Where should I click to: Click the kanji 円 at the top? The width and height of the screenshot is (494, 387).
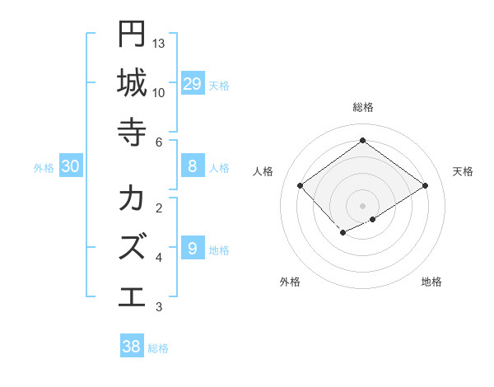132,35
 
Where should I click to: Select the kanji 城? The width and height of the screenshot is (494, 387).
132,83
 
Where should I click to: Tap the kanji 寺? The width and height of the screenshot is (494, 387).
132,132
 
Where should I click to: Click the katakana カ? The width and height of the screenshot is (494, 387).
132,198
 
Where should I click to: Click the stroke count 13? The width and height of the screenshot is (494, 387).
159,43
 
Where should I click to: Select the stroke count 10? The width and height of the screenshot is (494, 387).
159,92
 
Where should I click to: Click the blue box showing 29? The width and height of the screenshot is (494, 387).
192,84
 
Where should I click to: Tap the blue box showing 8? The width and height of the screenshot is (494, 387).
192,166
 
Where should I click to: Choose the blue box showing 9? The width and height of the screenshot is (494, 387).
192,249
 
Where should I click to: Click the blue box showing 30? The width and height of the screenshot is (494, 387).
71,166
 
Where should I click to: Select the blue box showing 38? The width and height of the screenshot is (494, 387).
132,347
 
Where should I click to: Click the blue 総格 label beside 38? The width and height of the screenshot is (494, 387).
158,348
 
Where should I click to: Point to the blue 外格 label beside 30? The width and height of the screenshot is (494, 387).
44,168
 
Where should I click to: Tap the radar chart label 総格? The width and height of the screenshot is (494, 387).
362,107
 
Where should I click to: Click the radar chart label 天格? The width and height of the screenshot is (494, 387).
463,171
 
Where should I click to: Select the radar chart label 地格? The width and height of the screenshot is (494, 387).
431,282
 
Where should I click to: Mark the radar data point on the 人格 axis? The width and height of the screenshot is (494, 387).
301,186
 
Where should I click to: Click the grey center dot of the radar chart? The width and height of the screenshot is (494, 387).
362,205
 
